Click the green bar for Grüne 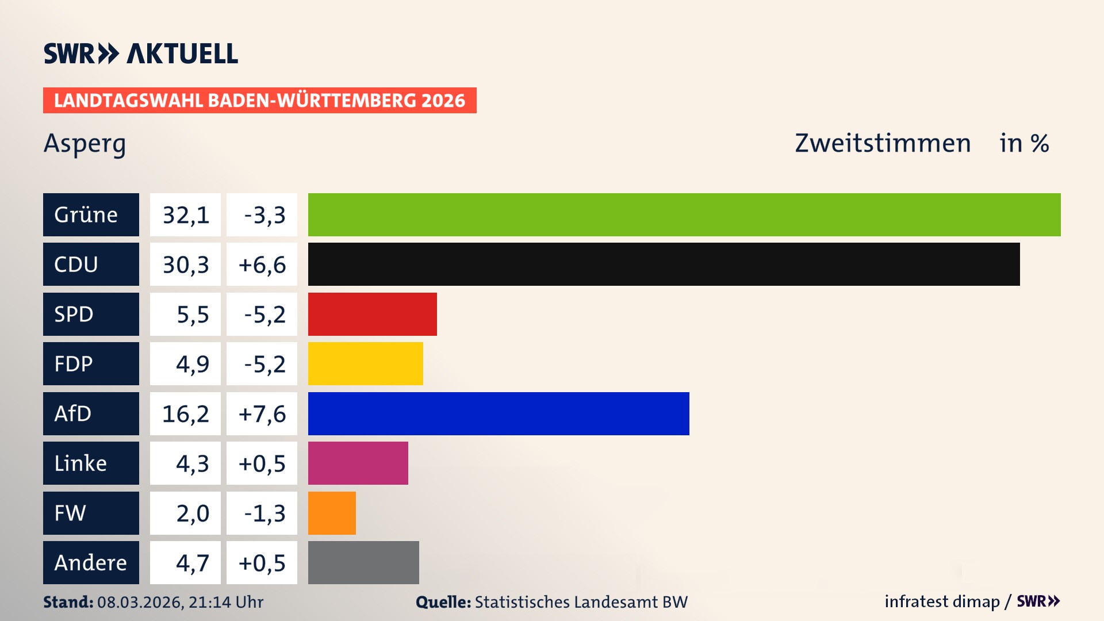click(684, 214)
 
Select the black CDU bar click(664, 264)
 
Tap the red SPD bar click(372, 314)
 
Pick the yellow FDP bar click(365, 363)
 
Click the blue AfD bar click(499, 413)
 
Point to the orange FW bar click(332, 513)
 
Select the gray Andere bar click(363, 562)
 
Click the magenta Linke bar click(358, 463)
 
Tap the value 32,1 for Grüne click(186, 215)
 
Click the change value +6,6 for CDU click(262, 264)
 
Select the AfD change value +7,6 click(262, 413)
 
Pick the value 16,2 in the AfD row click(186, 413)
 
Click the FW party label click(70, 513)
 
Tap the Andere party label click(90, 562)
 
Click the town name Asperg click(85, 144)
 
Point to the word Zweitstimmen click(883, 143)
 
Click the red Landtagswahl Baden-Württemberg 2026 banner click(259, 101)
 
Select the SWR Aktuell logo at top click(140, 53)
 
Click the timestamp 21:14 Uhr click(225, 602)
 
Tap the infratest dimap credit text click(942, 601)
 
